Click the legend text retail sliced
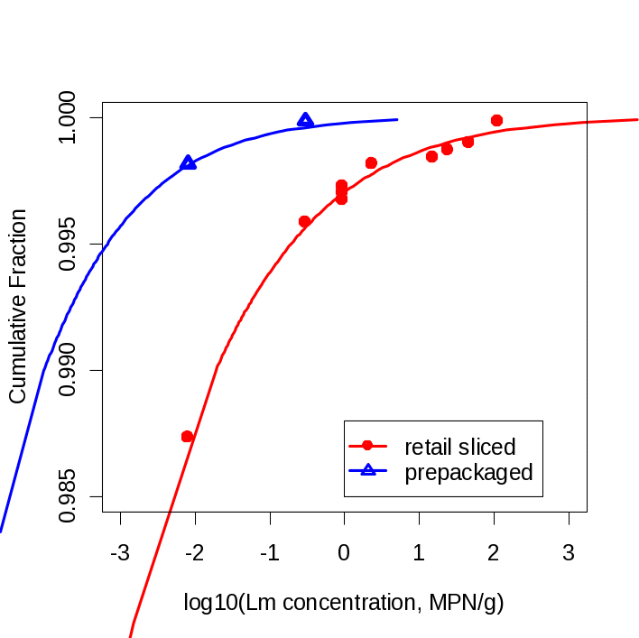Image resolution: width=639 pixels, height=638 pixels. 459,447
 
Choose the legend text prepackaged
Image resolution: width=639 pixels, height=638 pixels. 468,472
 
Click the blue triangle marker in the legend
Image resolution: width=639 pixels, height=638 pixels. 367,470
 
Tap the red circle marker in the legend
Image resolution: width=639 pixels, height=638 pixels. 367,446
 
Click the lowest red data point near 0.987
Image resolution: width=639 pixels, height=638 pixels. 187,437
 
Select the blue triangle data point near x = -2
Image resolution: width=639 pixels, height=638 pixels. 188,163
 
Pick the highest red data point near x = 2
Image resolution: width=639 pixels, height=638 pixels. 496,120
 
